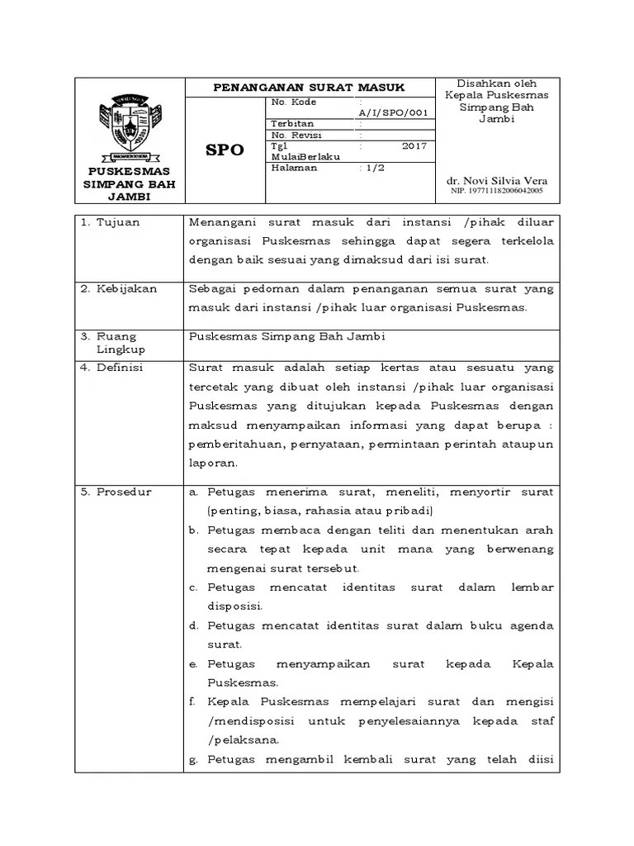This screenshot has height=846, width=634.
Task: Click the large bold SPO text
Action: [225, 150]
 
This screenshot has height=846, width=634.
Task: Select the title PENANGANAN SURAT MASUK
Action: [309, 87]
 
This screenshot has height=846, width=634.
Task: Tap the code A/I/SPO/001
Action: [393, 112]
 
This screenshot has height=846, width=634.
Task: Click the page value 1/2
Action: [373, 167]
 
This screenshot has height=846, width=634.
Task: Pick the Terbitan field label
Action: [292, 124]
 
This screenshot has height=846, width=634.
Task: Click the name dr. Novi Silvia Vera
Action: [498, 181]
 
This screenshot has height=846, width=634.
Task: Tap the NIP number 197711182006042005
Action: [496, 191]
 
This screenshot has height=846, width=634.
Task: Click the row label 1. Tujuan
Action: [111, 222]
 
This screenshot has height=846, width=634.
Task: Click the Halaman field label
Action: [294, 167]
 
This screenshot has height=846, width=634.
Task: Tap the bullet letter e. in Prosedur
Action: [192, 664]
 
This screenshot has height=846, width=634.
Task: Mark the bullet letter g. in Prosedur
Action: [192, 759]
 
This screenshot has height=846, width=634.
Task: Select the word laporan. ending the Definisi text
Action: [213, 463]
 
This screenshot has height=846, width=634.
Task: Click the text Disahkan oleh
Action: [497, 83]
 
